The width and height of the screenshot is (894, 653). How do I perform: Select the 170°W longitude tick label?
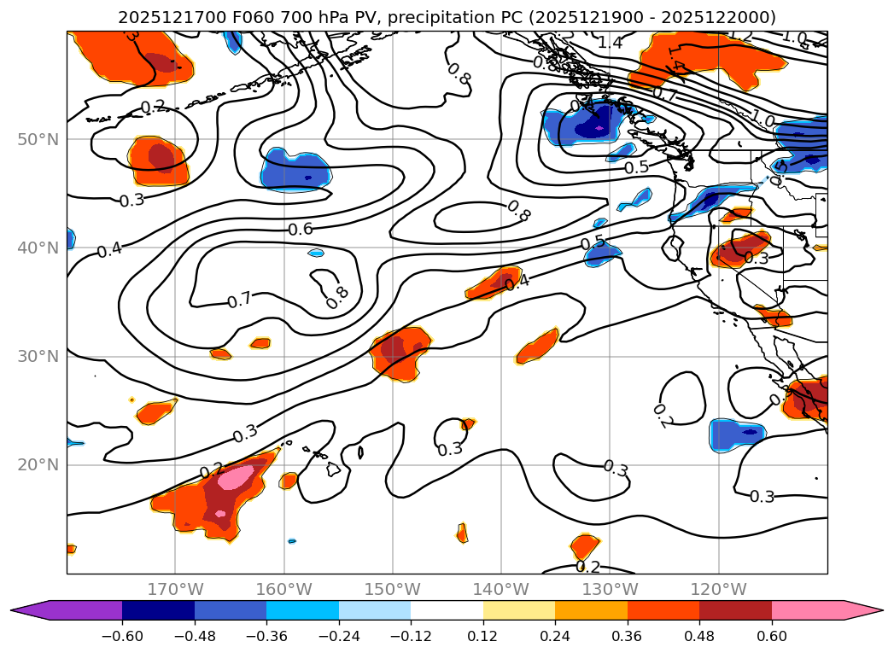pyautogui.click(x=175, y=589)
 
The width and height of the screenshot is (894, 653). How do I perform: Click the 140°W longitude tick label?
pyautogui.click(x=501, y=589)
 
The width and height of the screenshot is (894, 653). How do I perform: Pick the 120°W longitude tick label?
pyautogui.click(x=719, y=589)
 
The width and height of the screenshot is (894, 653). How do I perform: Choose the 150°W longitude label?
pyautogui.click(x=393, y=589)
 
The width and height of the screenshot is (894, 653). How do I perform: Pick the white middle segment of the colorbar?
pyautogui.click(x=447, y=609)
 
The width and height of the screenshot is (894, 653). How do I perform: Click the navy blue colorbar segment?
pyautogui.click(x=158, y=609)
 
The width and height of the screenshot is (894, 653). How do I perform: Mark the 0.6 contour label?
pyautogui.click(x=300, y=229)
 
